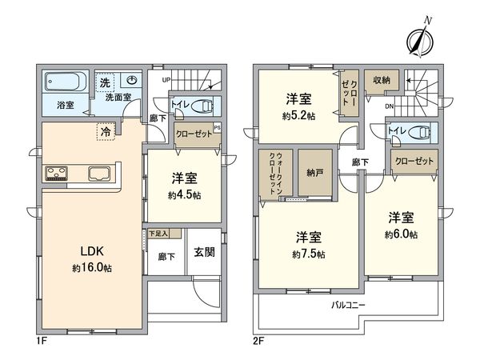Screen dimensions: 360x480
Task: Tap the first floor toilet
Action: click(202, 107)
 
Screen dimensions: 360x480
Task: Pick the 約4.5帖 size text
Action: click(184, 194)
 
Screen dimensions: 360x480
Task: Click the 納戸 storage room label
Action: click(314, 171)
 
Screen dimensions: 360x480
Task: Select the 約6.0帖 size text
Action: click(400, 234)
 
